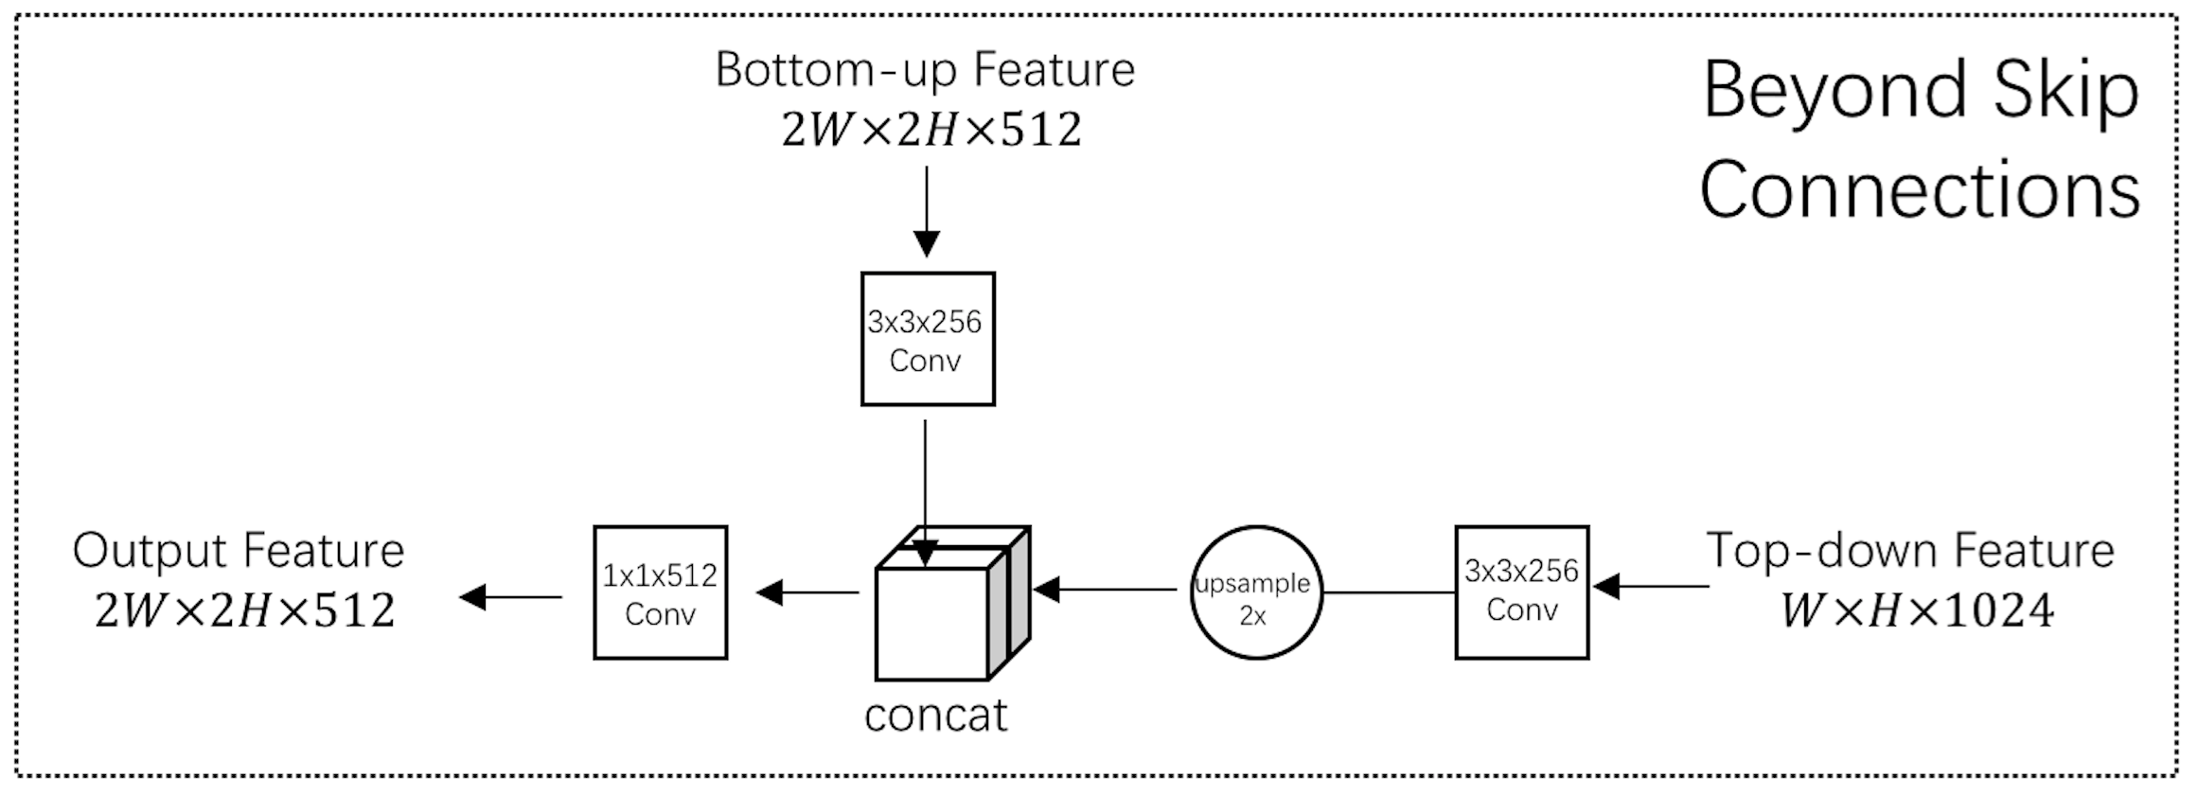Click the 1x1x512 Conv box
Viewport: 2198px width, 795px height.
pyautogui.click(x=660, y=592)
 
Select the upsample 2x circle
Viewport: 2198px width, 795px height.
pyautogui.click(x=1255, y=593)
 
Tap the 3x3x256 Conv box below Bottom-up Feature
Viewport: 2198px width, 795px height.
pyautogui.click(x=927, y=339)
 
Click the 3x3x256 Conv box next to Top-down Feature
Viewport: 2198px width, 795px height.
pyautogui.click(x=1521, y=592)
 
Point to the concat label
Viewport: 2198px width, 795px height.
pyautogui.click(x=935, y=716)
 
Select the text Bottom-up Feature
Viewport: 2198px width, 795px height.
pyautogui.click(x=924, y=70)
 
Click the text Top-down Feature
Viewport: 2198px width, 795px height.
pyautogui.click(x=1909, y=551)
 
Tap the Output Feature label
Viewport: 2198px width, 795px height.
pyautogui.click(x=238, y=551)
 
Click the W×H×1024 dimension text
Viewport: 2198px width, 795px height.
pyautogui.click(x=1916, y=610)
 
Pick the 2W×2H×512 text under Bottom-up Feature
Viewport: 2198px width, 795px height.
pyautogui.click(x=931, y=131)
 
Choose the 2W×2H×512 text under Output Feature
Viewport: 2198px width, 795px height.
pyautogui.click(x=244, y=611)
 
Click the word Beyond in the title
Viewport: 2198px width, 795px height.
pyautogui.click(x=1835, y=91)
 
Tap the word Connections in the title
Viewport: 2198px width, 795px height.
pyautogui.click(x=1920, y=189)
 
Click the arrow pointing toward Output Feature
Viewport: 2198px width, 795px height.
pyautogui.click(x=511, y=597)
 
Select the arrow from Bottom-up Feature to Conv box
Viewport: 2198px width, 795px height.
pyautogui.click(x=926, y=212)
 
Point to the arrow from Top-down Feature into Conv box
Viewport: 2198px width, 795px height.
pyautogui.click(x=1651, y=587)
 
